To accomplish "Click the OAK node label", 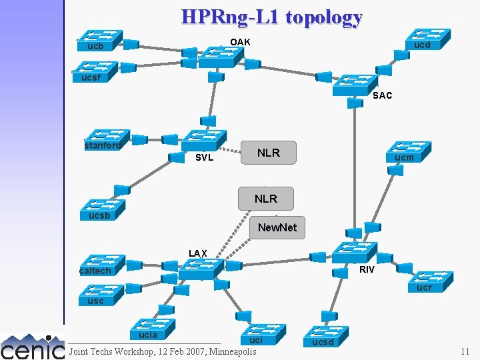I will (240, 42).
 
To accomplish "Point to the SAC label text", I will (383, 95).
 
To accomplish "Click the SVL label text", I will (204, 158).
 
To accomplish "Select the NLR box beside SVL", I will (268, 153).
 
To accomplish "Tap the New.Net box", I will (277, 227).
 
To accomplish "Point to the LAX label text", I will (198, 253).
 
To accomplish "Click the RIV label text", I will (367, 269).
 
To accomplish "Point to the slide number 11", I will (465, 351).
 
